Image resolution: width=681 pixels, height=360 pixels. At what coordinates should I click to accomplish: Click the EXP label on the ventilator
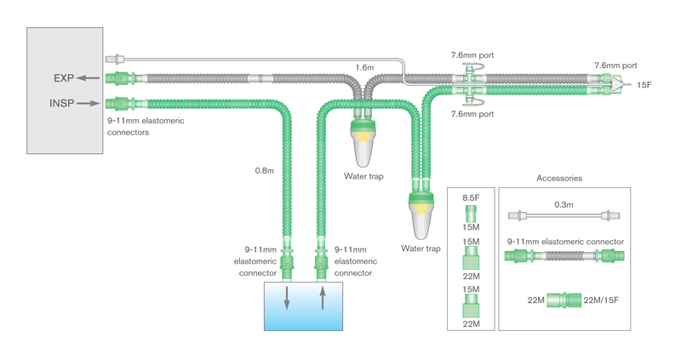click(64, 78)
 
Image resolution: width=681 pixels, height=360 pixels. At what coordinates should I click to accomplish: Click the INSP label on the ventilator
click(62, 104)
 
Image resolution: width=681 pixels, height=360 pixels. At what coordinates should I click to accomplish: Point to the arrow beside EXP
click(88, 78)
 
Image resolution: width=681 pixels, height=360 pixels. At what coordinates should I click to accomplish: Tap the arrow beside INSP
click(88, 104)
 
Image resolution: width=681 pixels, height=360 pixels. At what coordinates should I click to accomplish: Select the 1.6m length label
click(364, 66)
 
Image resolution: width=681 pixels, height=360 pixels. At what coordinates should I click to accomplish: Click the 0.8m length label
click(264, 170)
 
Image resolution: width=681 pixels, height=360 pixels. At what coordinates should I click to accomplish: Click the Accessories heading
click(559, 178)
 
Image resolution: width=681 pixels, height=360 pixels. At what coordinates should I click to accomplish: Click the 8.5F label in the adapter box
click(471, 198)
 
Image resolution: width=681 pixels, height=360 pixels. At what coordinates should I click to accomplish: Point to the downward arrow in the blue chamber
click(287, 299)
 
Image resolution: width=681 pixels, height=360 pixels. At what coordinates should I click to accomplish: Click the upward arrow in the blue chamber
click(322, 299)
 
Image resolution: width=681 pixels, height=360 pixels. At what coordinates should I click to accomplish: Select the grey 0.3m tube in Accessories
click(564, 216)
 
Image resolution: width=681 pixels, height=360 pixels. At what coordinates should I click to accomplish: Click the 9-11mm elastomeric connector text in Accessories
click(565, 242)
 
